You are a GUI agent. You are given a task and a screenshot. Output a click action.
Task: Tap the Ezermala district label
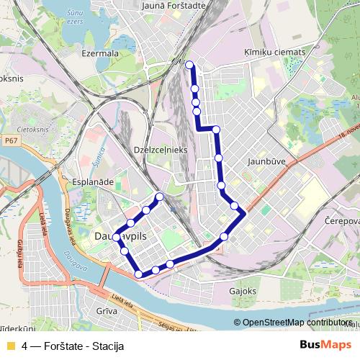point(100,53)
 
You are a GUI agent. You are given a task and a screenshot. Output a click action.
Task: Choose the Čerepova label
point(341,220)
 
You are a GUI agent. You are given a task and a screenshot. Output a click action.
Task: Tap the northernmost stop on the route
point(190,66)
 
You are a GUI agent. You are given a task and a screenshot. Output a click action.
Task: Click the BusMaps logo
point(325,344)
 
